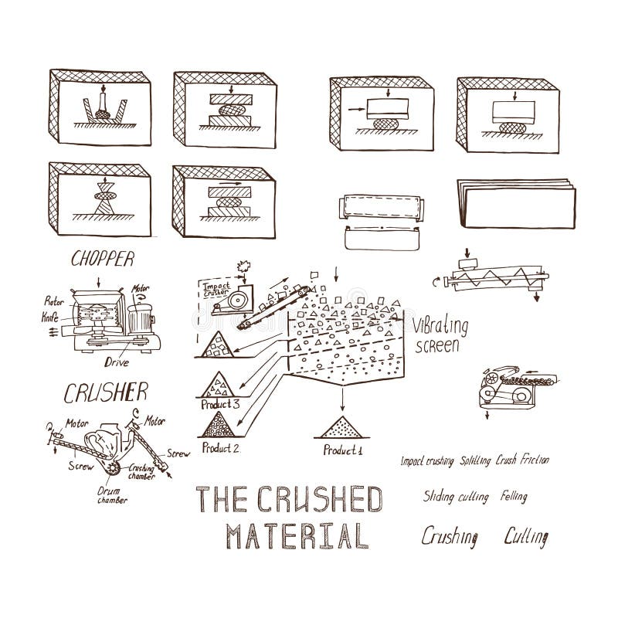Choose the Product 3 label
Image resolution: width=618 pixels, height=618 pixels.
coord(221,403)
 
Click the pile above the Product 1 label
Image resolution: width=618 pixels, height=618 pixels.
coord(341,428)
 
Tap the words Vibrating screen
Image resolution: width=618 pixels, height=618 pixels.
coord(437,334)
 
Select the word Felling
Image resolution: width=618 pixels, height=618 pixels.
coord(514,496)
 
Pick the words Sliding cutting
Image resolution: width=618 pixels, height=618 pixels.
coord(455,497)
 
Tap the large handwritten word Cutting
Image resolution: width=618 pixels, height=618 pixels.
coord(526,535)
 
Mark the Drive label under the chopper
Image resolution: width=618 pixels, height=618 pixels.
coord(117,359)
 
